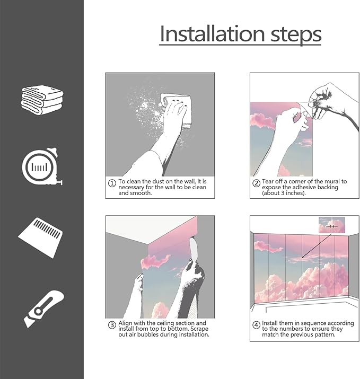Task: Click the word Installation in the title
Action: click(213, 34)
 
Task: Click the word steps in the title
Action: click(296, 36)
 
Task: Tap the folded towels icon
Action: click(42, 100)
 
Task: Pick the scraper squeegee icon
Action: click(40, 237)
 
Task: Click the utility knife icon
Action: click(44, 309)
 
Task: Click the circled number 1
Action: click(112, 183)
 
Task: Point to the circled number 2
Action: click(256, 183)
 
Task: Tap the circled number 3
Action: click(112, 325)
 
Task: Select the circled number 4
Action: click(256, 325)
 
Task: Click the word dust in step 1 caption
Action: click(159, 181)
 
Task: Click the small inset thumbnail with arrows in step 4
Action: click(332, 225)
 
